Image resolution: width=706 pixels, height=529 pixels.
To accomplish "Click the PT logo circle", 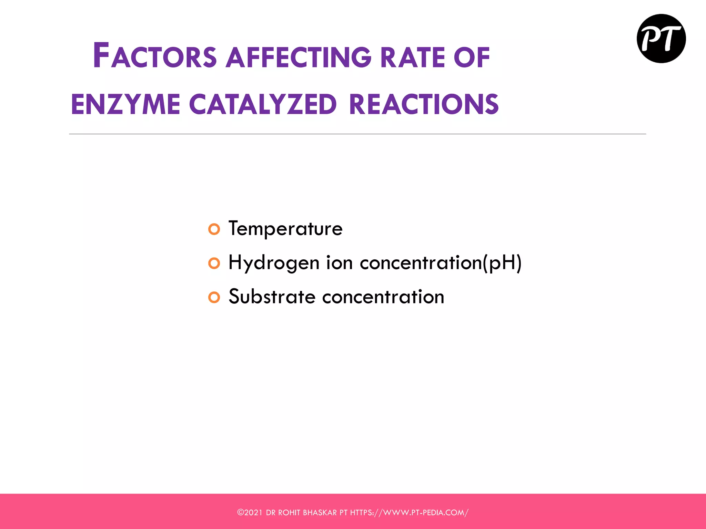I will pyautogui.click(x=661, y=39).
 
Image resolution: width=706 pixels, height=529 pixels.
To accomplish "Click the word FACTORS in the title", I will pyautogui.click(x=155, y=56).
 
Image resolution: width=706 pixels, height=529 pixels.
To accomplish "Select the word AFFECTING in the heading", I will pyautogui.click(x=299, y=57).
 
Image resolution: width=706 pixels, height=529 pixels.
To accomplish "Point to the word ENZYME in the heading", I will pyautogui.click(x=125, y=104).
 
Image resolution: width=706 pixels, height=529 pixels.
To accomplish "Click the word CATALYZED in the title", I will pyautogui.click(x=263, y=104).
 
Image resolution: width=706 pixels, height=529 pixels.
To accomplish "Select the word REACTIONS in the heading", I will pyautogui.click(x=424, y=104).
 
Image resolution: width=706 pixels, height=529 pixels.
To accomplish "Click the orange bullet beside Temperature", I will pyautogui.click(x=214, y=229).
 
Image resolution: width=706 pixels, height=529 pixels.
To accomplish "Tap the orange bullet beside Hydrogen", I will pyautogui.click(x=214, y=263).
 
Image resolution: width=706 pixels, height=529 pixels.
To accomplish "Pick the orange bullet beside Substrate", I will pyautogui.click(x=214, y=297).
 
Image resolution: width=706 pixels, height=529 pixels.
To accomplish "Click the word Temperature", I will pyautogui.click(x=285, y=228).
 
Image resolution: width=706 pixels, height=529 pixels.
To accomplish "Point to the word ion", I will pyautogui.click(x=339, y=263).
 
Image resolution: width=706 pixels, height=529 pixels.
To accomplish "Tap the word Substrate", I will pyautogui.click(x=272, y=297).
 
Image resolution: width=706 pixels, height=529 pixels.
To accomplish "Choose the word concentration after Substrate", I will pyautogui.click(x=383, y=297).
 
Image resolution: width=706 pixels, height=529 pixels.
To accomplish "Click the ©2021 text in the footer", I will pyautogui.click(x=250, y=512).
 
